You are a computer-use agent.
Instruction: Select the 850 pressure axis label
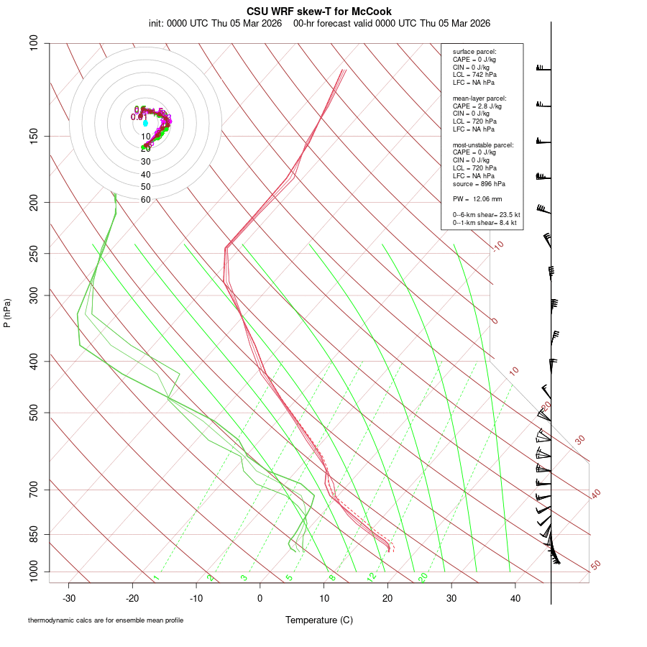[33, 534]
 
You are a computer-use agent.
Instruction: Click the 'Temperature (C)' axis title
[318, 620]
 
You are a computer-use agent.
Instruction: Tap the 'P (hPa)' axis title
[7, 313]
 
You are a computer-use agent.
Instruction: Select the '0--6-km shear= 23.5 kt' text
[486, 215]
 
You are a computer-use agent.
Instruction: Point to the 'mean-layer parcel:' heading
[479, 98]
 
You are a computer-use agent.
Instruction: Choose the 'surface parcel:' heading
[474, 52]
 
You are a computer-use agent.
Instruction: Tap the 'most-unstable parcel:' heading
[483, 144]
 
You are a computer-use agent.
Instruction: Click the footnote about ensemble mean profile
[106, 620]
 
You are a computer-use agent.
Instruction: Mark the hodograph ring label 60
[146, 200]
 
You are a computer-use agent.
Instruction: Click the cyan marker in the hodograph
[145, 123]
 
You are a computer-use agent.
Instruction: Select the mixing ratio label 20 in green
[423, 577]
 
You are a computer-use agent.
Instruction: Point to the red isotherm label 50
[595, 566]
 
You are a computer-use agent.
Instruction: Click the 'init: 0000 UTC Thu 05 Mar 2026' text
[215, 23]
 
